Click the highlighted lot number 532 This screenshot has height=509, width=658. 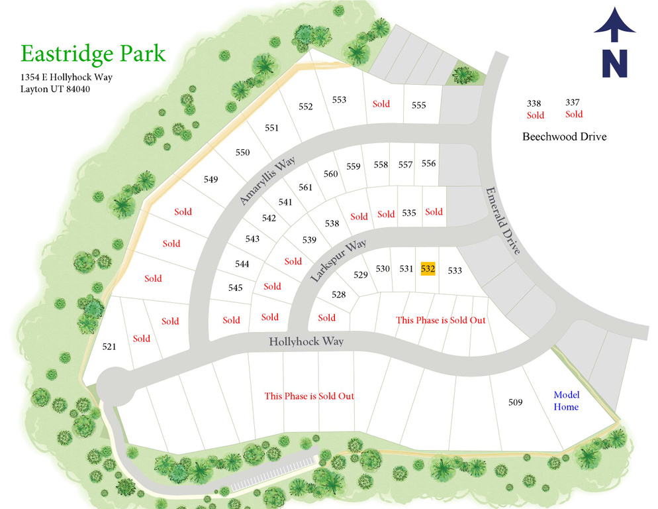click(x=428, y=268)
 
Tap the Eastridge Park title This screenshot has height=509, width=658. click(x=93, y=53)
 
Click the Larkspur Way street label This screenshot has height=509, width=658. click(x=338, y=262)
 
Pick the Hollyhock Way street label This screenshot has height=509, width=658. click(x=306, y=342)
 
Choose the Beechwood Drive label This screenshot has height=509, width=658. click(x=564, y=137)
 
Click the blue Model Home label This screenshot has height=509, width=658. click(x=566, y=400)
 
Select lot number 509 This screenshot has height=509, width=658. click(x=516, y=402)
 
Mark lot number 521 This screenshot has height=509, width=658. click(x=109, y=347)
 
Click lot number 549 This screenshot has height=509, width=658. click(x=211, y=179)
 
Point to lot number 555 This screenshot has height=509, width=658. click(x=418, y=105)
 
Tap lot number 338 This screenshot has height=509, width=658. click(x=534, y=103)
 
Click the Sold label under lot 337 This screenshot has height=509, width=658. click(x=574, y=114)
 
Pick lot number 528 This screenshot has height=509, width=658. click(x=338, y=294)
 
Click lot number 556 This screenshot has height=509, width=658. click(x=428, y=164)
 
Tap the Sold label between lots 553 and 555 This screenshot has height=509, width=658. click(x=381, y=104)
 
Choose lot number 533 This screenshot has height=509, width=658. click(x=454, y=270)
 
